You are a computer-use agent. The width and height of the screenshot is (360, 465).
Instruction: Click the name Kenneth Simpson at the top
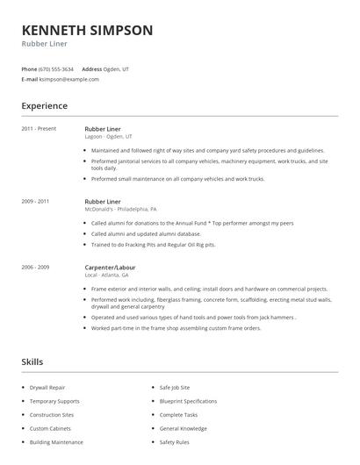[87, 30]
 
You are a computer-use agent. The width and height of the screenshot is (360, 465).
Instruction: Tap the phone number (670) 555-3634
[57, 68]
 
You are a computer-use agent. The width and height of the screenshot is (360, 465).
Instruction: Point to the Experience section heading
[45, 106]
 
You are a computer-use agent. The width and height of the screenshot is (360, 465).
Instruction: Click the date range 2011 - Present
[39, 129]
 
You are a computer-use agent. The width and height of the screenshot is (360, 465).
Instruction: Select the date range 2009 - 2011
[35, 201]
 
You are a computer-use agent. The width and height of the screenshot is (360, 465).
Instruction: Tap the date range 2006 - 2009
[35, 267]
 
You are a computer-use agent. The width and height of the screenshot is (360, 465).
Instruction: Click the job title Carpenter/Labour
[110, 267]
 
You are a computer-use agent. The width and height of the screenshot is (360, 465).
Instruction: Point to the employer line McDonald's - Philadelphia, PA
[121, 209]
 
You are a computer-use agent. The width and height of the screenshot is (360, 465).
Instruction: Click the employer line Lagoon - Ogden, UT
[109, 137]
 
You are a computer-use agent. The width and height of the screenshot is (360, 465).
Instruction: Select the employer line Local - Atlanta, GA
[106, 275]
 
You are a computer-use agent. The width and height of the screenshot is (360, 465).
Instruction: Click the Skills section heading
[33, 361]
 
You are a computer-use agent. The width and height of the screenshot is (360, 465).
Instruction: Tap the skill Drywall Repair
[47, 387]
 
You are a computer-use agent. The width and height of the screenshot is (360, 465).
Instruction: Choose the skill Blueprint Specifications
[188, 401]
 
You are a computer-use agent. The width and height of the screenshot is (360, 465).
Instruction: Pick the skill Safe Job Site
[176, 387]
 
